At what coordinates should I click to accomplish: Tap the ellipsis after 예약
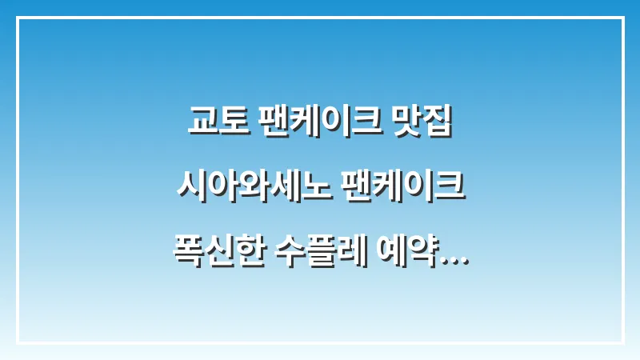click(x=455, y=258)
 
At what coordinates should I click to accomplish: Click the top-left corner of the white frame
click(x=18, y=18)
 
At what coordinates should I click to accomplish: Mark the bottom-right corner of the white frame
click(x=622, y=342)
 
